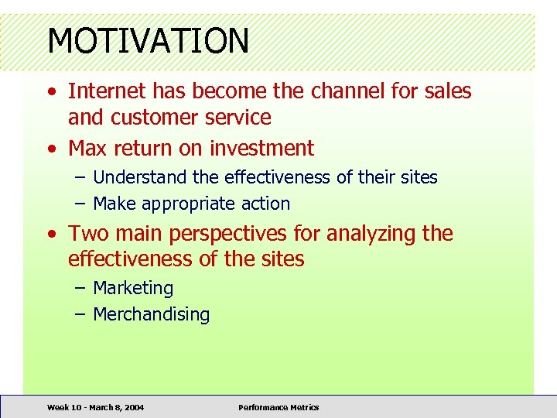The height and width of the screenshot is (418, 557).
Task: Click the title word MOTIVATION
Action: coord(148,41)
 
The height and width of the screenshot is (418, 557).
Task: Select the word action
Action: coord(265,204)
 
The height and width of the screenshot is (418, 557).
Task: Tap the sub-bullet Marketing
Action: coord(133,288)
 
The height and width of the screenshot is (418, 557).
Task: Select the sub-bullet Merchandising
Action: coord(151,314)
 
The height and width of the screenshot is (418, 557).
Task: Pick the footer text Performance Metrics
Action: coord(278,407)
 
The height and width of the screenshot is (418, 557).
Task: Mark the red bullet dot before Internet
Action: coord(50,92)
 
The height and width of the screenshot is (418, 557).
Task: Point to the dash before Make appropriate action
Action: coord(80,204)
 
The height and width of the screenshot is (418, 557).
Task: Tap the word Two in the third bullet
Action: coord(86,234)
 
